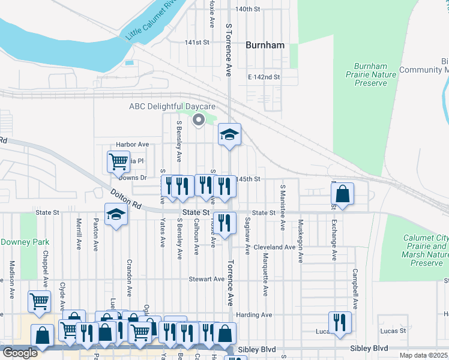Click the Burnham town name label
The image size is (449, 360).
(x=265, y=45)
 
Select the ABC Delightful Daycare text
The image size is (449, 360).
(x=172, y=107)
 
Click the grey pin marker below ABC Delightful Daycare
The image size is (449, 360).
(x=198, y=121)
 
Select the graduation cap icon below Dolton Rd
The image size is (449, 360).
(x=116, y=215)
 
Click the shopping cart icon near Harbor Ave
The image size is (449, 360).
(x=118, y=161)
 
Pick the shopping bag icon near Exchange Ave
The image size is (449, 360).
(x=342, y=194)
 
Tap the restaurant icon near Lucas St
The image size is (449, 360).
(x=339, y=322)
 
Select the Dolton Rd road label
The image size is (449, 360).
(x=125, y=199)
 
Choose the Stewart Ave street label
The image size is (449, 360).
(x=206, y=279)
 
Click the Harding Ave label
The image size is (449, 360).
(x=255, y=314)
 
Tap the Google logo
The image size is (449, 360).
(x=20, y=353)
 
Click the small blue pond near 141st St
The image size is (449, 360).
(x=128, y=62)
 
